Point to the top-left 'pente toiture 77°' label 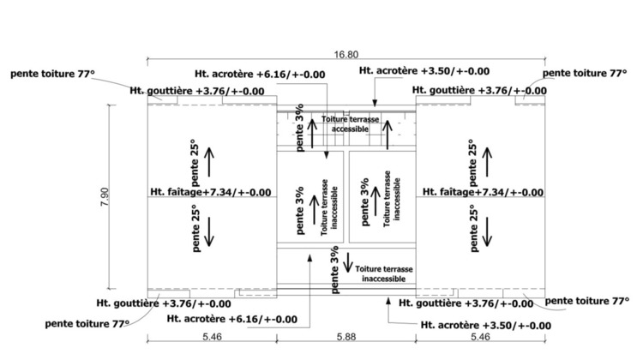click(51, 75)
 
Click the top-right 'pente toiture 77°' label click(586, 75)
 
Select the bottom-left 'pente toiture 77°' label click(88, 323)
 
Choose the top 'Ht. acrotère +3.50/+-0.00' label click(424, 72)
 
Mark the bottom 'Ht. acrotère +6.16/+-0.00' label click(232, 319)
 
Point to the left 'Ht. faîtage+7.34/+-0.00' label click(210, 192)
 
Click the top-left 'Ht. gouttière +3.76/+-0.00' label click(196, 90)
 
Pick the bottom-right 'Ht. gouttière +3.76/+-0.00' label click(478, 303)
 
